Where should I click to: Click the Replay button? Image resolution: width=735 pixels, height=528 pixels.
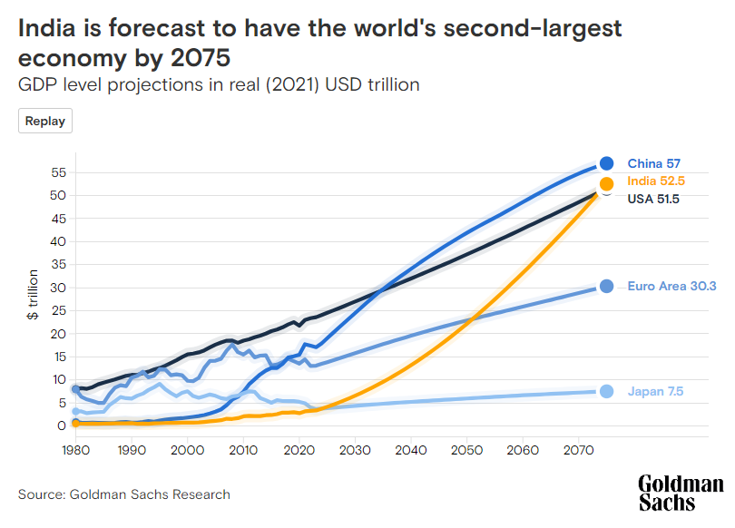(x=45, y=121)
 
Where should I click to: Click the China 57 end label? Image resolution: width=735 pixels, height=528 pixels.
(x=653, y=164)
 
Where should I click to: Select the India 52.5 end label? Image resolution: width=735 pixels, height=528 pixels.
(x=655, y=181)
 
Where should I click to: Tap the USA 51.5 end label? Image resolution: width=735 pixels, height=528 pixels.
(x=653, y=199)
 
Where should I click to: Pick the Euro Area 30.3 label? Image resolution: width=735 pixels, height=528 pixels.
(x=671, y=287)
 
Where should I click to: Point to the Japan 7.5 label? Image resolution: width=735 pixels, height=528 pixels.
(x=655, y=392)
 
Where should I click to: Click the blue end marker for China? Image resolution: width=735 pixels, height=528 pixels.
(x=606, y=164)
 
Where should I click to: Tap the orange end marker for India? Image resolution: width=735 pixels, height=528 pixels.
(x=606, y=183)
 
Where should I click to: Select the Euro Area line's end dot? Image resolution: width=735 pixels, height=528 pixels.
(x=606, y=287)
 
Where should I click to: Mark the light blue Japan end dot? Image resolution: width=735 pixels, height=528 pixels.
(x=606, y=391)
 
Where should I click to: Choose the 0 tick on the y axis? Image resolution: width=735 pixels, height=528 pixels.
(x=61, y=425)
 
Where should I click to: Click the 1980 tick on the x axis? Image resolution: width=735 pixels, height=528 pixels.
(x=75, y=450)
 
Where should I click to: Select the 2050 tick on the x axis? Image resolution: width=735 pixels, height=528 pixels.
(x=467, y=450)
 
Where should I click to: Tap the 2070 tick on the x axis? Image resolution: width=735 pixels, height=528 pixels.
(x=579, y=450)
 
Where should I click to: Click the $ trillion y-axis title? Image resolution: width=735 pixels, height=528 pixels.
(x=33, y=294)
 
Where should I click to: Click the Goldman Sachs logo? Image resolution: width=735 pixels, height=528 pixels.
(x=681, y=493)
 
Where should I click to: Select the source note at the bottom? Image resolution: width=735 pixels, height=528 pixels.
(x=124, y=494)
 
